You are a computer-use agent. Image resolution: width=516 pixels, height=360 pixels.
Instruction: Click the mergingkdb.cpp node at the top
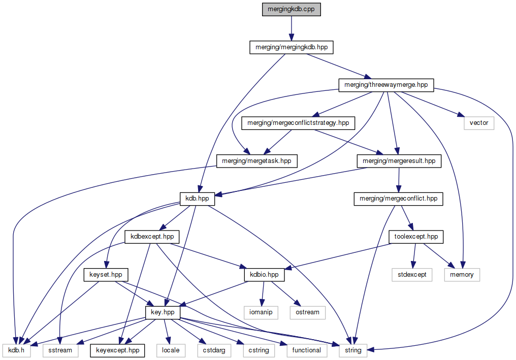291,10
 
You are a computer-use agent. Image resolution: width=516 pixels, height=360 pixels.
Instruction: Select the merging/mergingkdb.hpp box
292,47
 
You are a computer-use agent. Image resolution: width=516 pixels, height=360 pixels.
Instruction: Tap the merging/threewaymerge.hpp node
386,85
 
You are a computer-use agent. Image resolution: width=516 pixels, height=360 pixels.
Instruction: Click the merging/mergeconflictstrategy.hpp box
298,123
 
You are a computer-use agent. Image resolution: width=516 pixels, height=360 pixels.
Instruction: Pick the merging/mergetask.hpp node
257,161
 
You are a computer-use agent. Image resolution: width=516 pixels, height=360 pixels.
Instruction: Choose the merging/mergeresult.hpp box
399,161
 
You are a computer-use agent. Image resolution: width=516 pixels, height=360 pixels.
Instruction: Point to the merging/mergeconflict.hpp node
398,199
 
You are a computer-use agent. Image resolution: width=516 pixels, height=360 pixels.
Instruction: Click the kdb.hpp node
197,199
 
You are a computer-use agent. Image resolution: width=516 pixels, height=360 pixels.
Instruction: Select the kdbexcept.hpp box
152,237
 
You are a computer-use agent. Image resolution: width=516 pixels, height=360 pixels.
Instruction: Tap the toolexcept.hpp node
416,237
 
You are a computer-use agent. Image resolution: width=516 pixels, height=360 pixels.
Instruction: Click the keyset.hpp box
106,275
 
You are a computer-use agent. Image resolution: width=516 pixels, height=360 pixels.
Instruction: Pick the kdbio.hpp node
264,275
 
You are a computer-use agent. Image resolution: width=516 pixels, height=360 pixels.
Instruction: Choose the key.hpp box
163,312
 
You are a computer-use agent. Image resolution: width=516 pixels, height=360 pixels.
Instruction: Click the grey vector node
478,123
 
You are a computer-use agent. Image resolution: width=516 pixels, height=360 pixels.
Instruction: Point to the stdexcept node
412,275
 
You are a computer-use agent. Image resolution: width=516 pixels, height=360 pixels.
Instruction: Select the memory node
462,275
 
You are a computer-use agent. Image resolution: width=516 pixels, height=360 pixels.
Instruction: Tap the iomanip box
261,312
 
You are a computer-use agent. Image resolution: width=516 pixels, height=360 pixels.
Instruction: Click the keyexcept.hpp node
117,350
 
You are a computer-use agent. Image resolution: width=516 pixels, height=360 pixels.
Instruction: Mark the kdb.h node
17,350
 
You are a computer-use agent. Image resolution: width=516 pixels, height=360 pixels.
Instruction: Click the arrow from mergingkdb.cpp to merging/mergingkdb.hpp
291,28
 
